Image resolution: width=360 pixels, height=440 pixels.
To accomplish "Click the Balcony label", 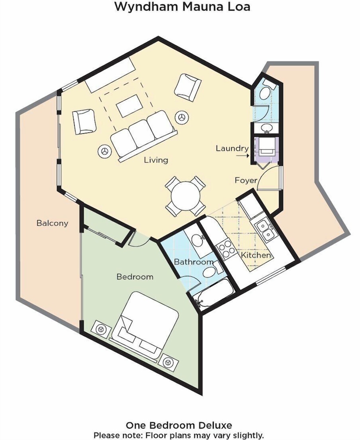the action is click(52, 223).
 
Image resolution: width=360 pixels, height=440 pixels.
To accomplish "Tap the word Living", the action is click(156, 160).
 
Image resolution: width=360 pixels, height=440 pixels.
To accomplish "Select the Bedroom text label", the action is click(135, 277).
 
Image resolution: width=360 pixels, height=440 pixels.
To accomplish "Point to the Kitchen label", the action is click(256, 255).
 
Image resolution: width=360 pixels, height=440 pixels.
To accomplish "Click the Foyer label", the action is click(246, 180).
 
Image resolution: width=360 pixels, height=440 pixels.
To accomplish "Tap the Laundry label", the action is click(232, 148).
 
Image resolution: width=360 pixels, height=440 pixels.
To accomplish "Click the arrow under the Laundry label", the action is click(243, 155).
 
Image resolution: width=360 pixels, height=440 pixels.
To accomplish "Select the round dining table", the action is click(185, 196).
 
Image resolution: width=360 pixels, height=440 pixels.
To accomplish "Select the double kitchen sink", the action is click(265, 230).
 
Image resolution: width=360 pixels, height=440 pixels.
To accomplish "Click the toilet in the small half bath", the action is click(266, 90).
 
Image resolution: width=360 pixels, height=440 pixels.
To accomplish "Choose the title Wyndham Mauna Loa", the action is click(182, 7).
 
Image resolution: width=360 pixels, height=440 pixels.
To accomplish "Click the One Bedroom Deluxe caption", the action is click(179, 425).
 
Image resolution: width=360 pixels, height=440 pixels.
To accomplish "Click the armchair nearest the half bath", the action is click(188, 88).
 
